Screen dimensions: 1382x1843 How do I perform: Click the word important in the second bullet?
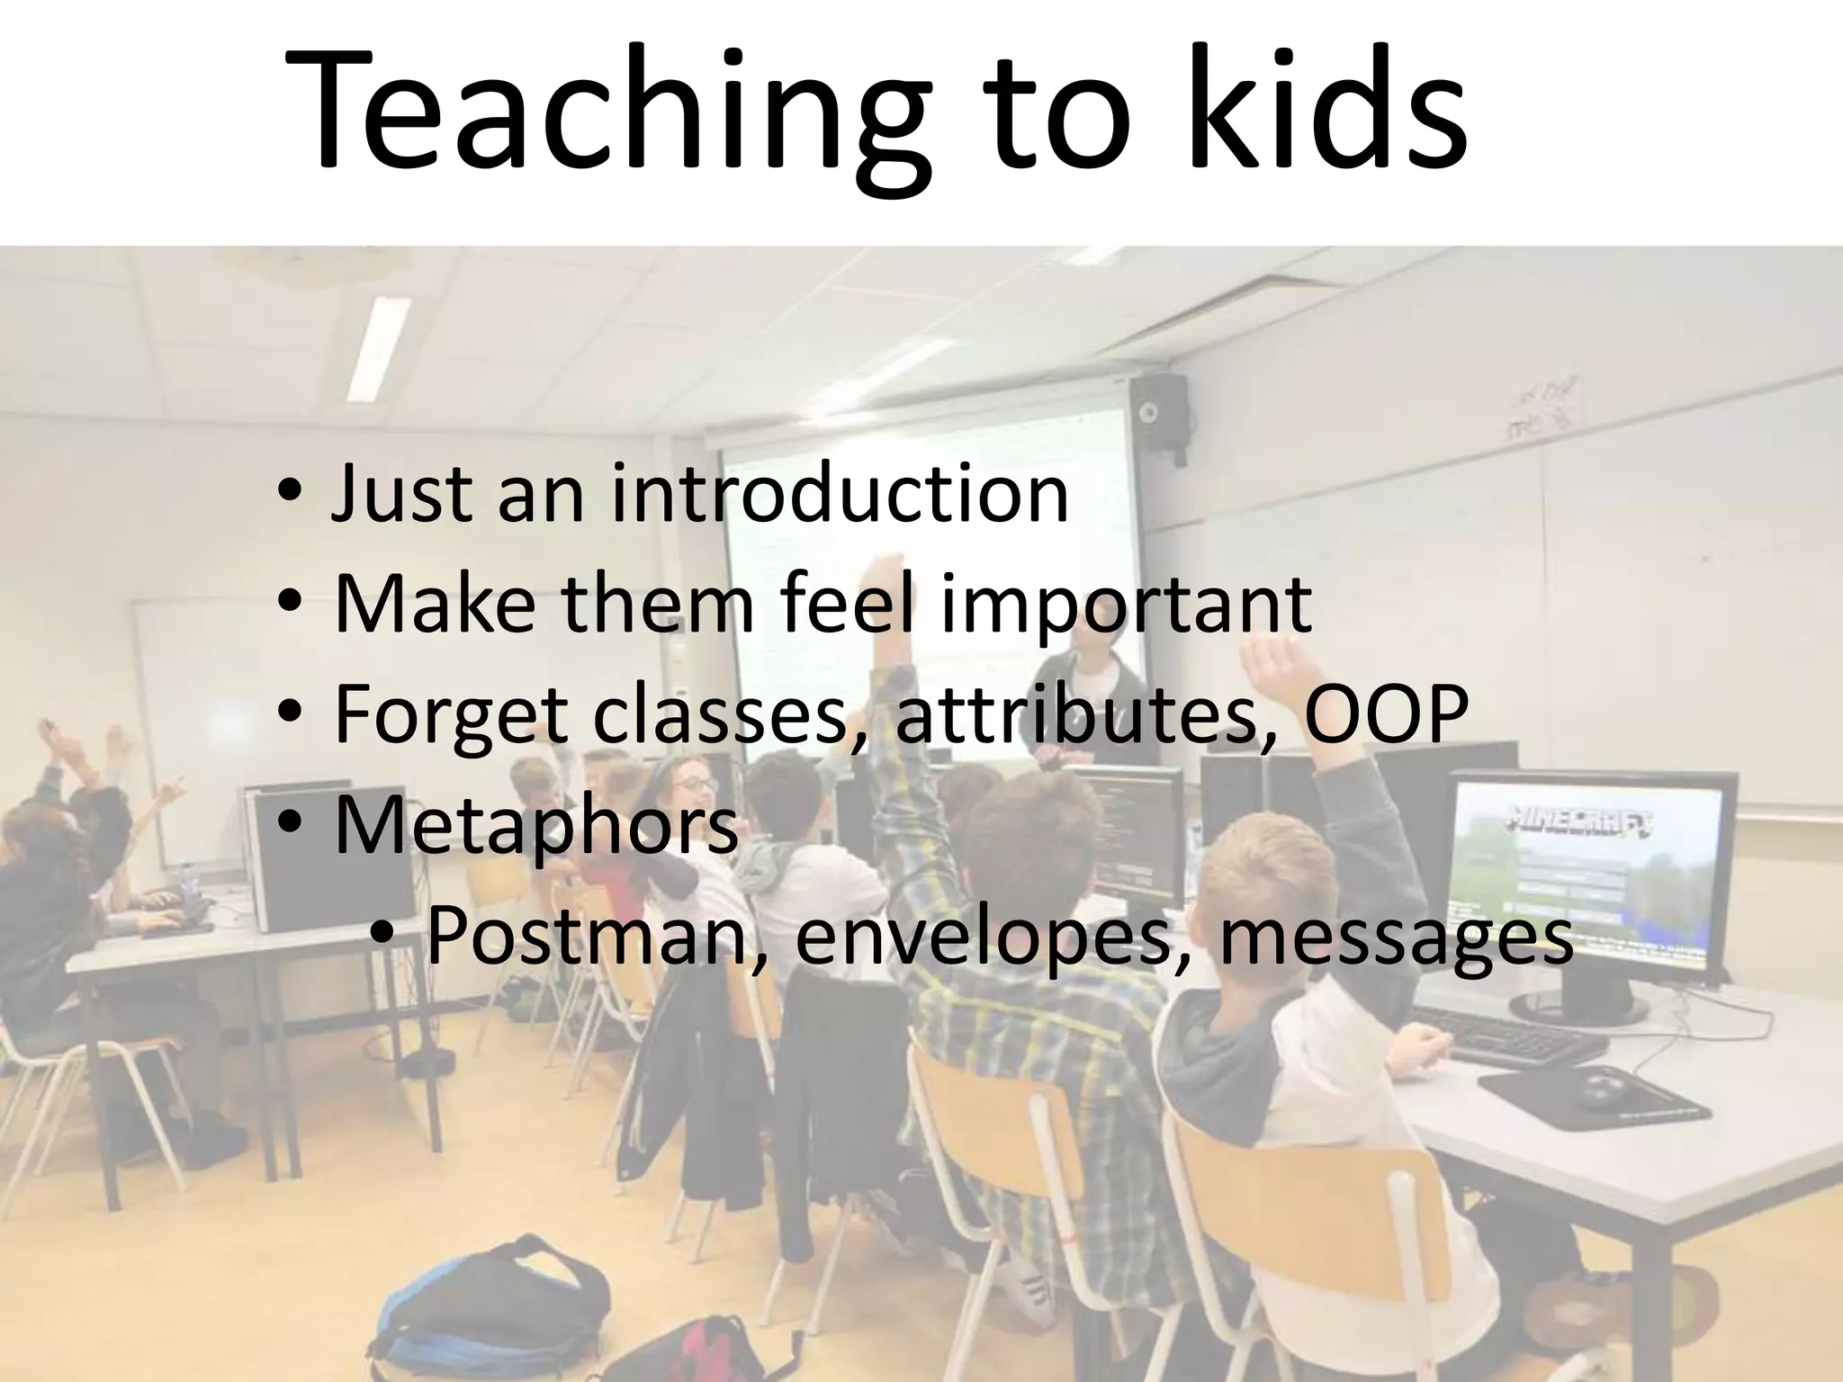(x=1125, y=605)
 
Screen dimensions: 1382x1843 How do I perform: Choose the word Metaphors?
(x=536, y=826)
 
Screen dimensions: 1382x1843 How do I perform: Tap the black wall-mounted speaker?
(x=1159, y=414)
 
